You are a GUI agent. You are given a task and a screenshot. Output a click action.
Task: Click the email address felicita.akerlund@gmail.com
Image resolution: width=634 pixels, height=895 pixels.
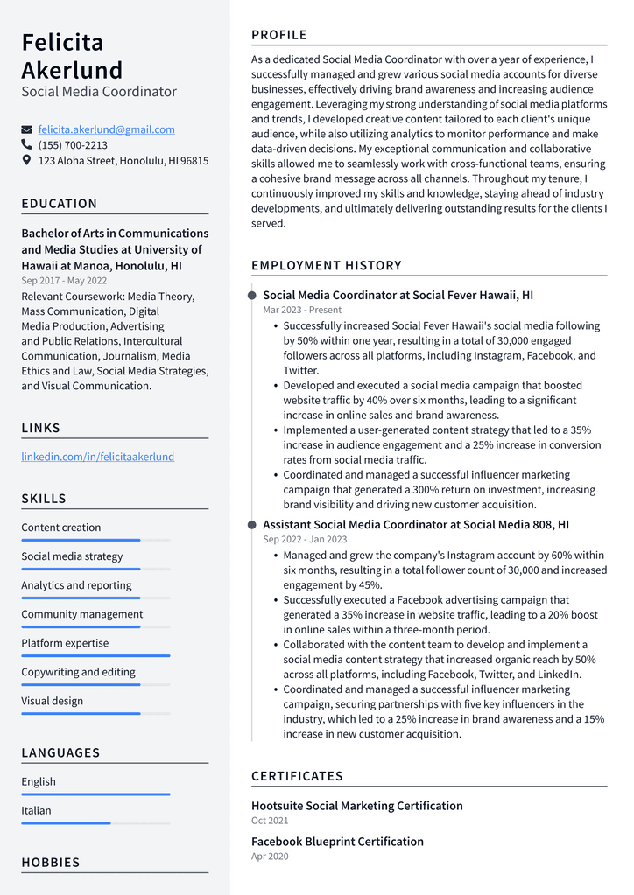pyautogui.click(x=106, y=129)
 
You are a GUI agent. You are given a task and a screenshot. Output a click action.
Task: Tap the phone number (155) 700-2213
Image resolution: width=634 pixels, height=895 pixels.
pyautogui.click(x=73, y=145)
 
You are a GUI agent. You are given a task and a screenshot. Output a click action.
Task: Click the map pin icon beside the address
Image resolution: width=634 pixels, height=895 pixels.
pyautogui.click(x=26, y=161)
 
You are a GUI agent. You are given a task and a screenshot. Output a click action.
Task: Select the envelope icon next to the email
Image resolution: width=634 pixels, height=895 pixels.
pyautogui.click(x=26, y=129)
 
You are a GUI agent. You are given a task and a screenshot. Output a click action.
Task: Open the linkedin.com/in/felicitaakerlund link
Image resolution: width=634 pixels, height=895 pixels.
pyautogui.click(x=97, y=457)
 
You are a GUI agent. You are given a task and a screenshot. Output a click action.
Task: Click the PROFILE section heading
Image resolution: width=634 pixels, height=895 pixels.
pyautogui.click(x=279, y=35)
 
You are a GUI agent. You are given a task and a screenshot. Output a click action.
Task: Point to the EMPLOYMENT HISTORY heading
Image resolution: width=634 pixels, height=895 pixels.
pyautogui.click(x=326, y=265)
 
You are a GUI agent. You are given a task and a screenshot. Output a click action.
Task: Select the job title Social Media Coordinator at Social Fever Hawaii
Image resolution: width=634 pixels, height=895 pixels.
pyautogui.click(x=398, y=296)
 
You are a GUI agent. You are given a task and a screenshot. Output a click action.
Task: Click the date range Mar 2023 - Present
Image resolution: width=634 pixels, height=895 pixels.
pyautogui.click(x=302, y=310)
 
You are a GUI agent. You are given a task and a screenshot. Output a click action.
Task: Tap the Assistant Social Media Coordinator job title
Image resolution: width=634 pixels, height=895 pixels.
pyautogui.click(x=416, y=525)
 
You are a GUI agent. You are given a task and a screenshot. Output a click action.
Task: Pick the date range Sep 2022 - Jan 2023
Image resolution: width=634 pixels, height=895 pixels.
pyautogui.click(x=305, y=539)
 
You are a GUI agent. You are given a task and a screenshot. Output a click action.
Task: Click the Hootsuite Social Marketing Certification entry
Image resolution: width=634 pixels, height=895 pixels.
pyautogui.click(x=356, y=806)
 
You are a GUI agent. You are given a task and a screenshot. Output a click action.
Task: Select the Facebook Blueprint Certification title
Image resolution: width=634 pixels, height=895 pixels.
pyautogui.click(x=337, y=842)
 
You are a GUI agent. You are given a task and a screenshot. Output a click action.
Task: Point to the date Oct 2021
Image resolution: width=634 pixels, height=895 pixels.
pyautogui.click(x=270, y=821)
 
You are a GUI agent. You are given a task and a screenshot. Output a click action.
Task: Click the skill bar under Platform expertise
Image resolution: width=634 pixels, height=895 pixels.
pyautogui.click(x=95, y=655)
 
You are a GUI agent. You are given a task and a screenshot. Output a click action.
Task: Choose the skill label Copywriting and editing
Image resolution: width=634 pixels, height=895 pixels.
pyautogui.click(x=78, y=672)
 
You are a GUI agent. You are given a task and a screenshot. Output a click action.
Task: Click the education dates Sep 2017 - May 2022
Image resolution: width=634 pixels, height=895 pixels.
pyautogui.click(x=64, y=281)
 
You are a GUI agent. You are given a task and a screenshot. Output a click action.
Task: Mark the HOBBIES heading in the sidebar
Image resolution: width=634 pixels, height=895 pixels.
pyautogui.click(x=51, y=863)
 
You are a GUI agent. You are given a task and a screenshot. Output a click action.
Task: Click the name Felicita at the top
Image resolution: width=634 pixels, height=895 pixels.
pyautogui.click(x=62, y=42)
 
